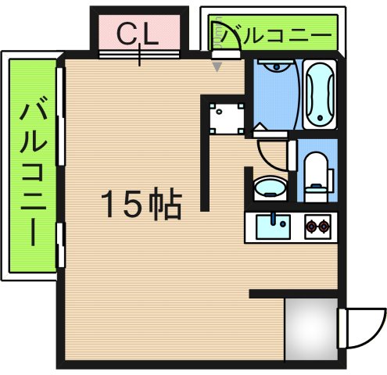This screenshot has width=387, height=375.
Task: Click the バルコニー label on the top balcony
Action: [273, 35]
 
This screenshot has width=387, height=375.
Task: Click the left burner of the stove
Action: [312, 227]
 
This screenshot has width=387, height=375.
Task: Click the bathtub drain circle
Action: [320, 119]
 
